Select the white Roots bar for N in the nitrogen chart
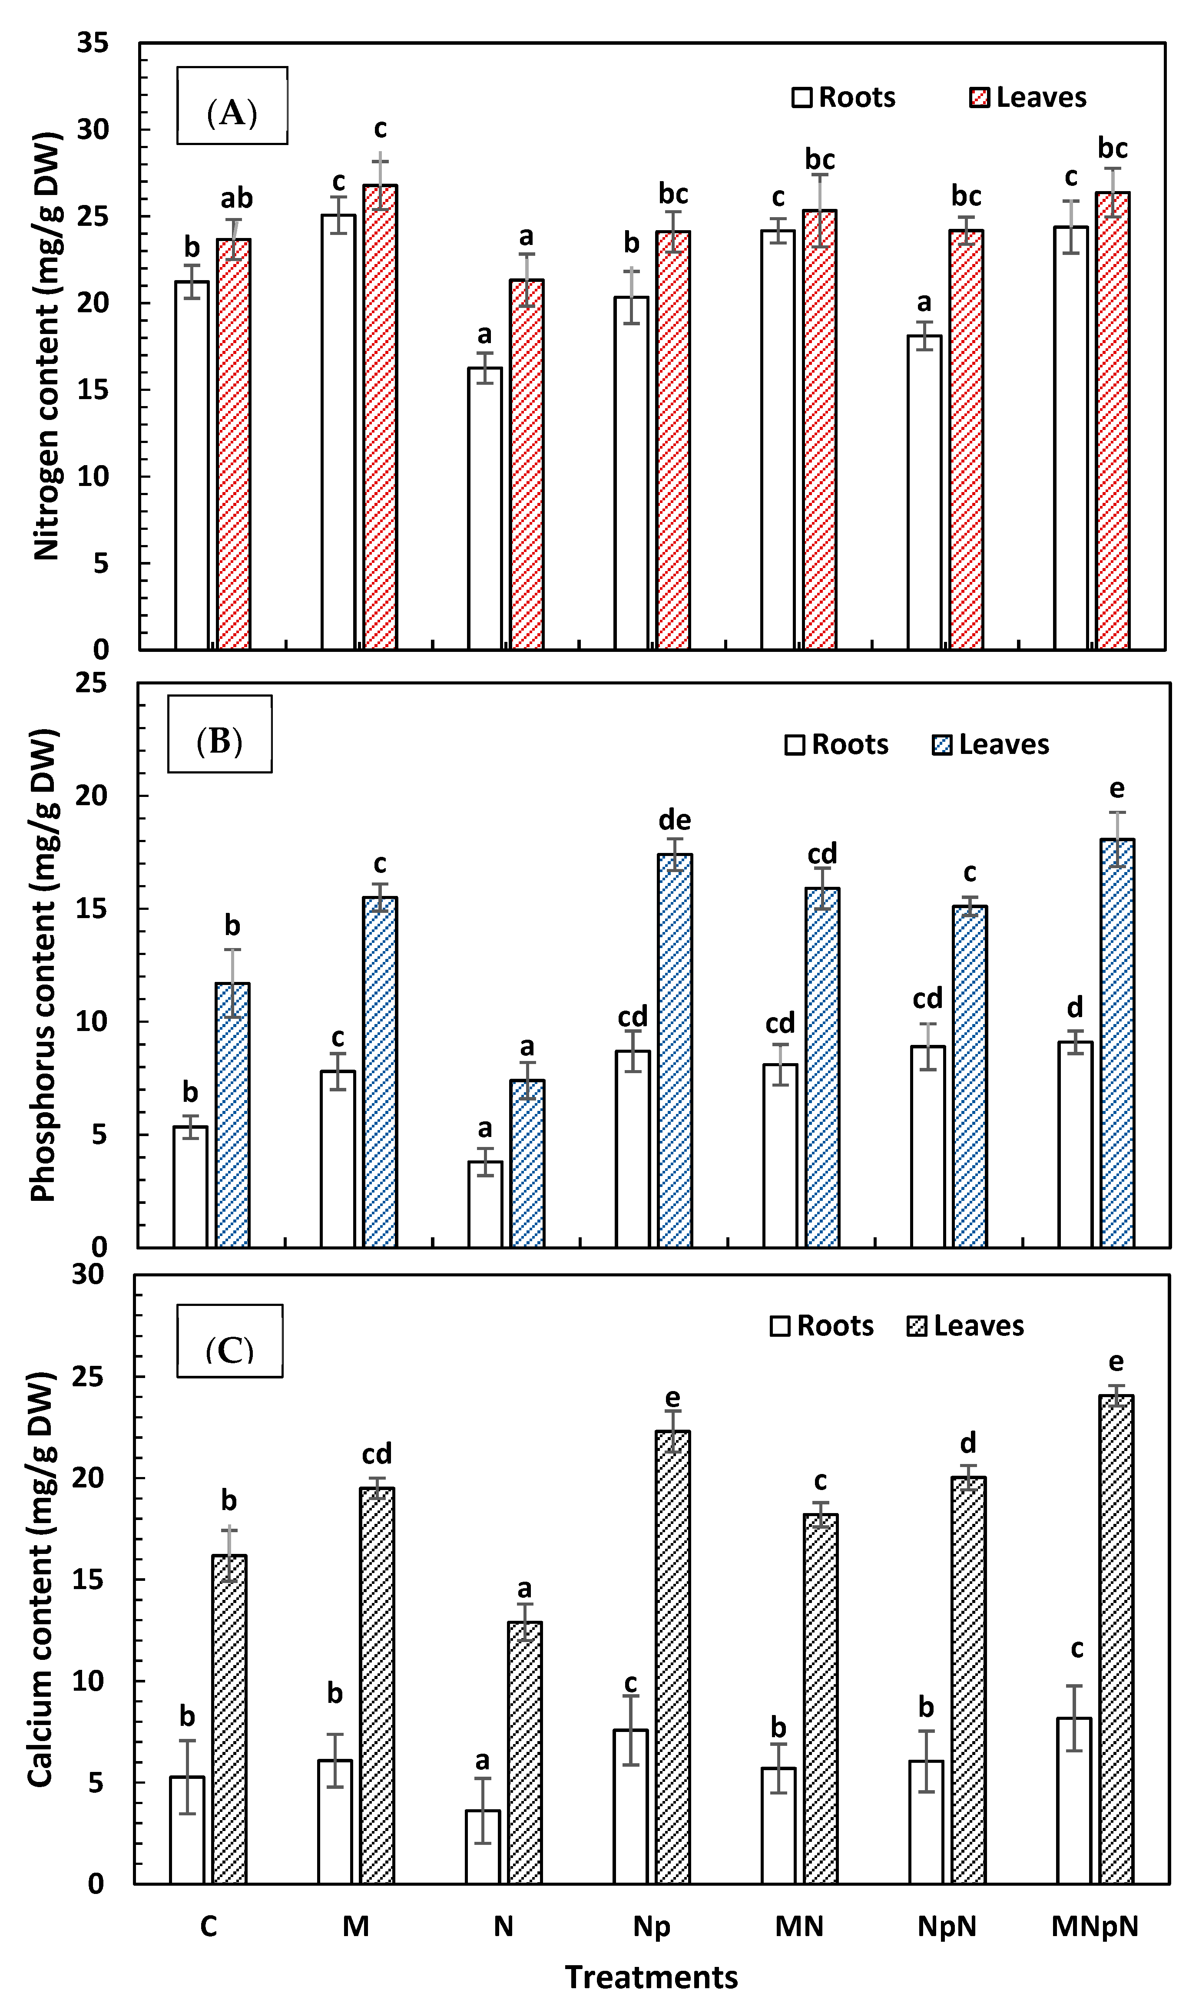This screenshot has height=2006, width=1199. coord(485,508)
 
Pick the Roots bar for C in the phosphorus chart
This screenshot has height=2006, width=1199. coord(191,1186)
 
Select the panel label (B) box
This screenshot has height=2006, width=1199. coord(220,734)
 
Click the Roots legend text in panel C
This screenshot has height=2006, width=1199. coord(835,1326)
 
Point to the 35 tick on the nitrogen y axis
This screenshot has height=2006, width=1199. coord(93,43)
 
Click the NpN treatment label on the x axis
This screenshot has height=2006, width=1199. coord(947,1926)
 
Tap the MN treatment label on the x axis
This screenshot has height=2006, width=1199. coord(799,1926)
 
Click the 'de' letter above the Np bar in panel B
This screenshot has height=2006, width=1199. coord(675,820)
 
